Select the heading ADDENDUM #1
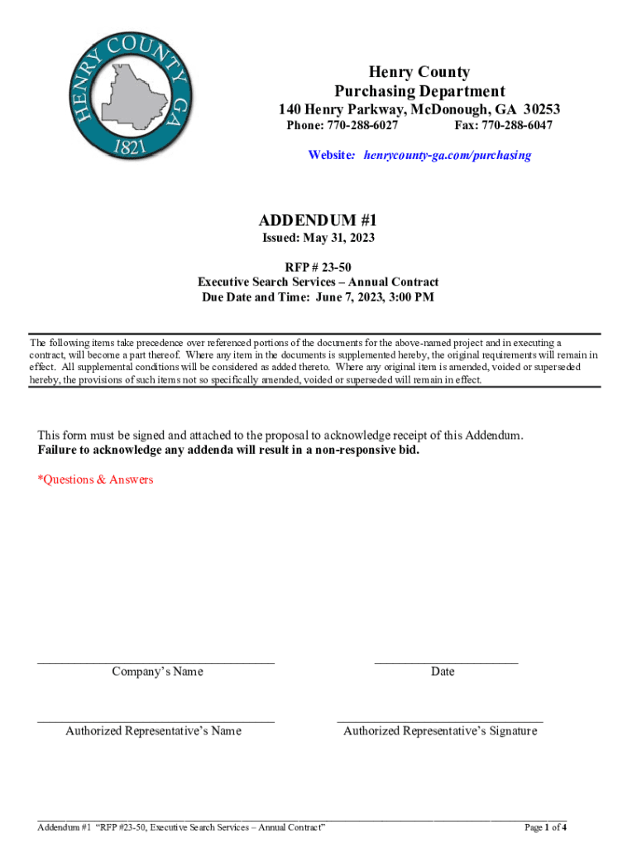pos(318,220)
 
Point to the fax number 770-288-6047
pos(514,126)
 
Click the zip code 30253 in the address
pos(537,109)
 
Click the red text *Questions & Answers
pos(96,479)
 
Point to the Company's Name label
pos(157,672)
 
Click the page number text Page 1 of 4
pos(546,827)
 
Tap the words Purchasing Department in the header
pos(419,91)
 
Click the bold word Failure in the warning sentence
pos(60,450)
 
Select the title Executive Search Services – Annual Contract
pos(318,282)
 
